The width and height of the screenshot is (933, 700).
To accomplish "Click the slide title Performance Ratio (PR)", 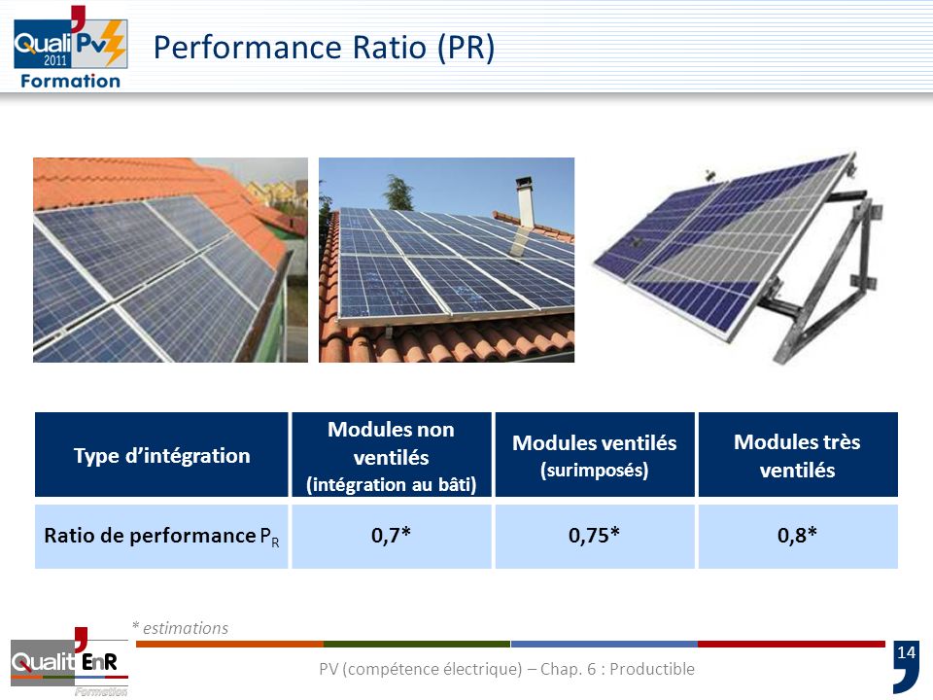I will coord(325,48).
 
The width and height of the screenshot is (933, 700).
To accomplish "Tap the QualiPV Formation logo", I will coord(68,49).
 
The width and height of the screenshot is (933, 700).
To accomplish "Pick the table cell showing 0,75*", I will coord(597,536).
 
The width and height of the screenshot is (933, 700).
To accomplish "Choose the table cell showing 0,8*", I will coord(797,536).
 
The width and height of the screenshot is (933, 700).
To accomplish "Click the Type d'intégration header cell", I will coord(161,455).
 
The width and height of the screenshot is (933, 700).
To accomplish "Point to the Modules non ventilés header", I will coord(392,455).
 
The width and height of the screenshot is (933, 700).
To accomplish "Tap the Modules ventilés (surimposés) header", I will coord(594,455).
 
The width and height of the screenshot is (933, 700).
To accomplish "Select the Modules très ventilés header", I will coord(797,455).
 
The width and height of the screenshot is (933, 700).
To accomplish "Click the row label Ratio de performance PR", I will coord(161,537).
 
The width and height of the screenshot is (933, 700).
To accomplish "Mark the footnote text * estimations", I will coord(180,628).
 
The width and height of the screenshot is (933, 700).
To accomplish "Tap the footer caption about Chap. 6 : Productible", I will coord(506,669).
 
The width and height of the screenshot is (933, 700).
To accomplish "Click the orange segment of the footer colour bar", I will coord(229,644).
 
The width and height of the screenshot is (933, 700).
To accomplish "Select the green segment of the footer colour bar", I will coord(417,644).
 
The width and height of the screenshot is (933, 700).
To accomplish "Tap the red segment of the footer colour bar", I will coord(791,644).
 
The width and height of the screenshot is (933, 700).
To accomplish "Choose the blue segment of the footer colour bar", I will coord(604,644).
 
